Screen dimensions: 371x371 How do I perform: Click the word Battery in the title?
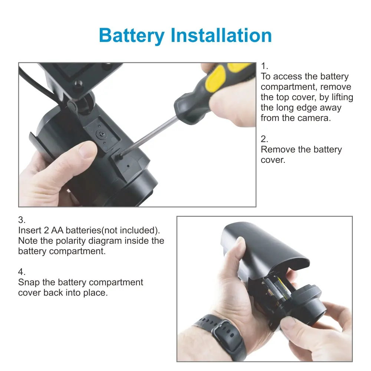[x=132, y=36]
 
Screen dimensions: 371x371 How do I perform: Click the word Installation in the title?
[x=221, y=35]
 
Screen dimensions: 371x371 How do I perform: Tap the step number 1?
[x=264, y=66]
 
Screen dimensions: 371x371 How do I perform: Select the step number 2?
[x=264, y=139]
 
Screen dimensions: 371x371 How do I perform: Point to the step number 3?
[x=22, y=220]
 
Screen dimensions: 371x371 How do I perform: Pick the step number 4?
[x=22, y=272]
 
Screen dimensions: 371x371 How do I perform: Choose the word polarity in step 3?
[x=70, y=241]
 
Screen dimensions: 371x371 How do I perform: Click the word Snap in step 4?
[x=29, y=282]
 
